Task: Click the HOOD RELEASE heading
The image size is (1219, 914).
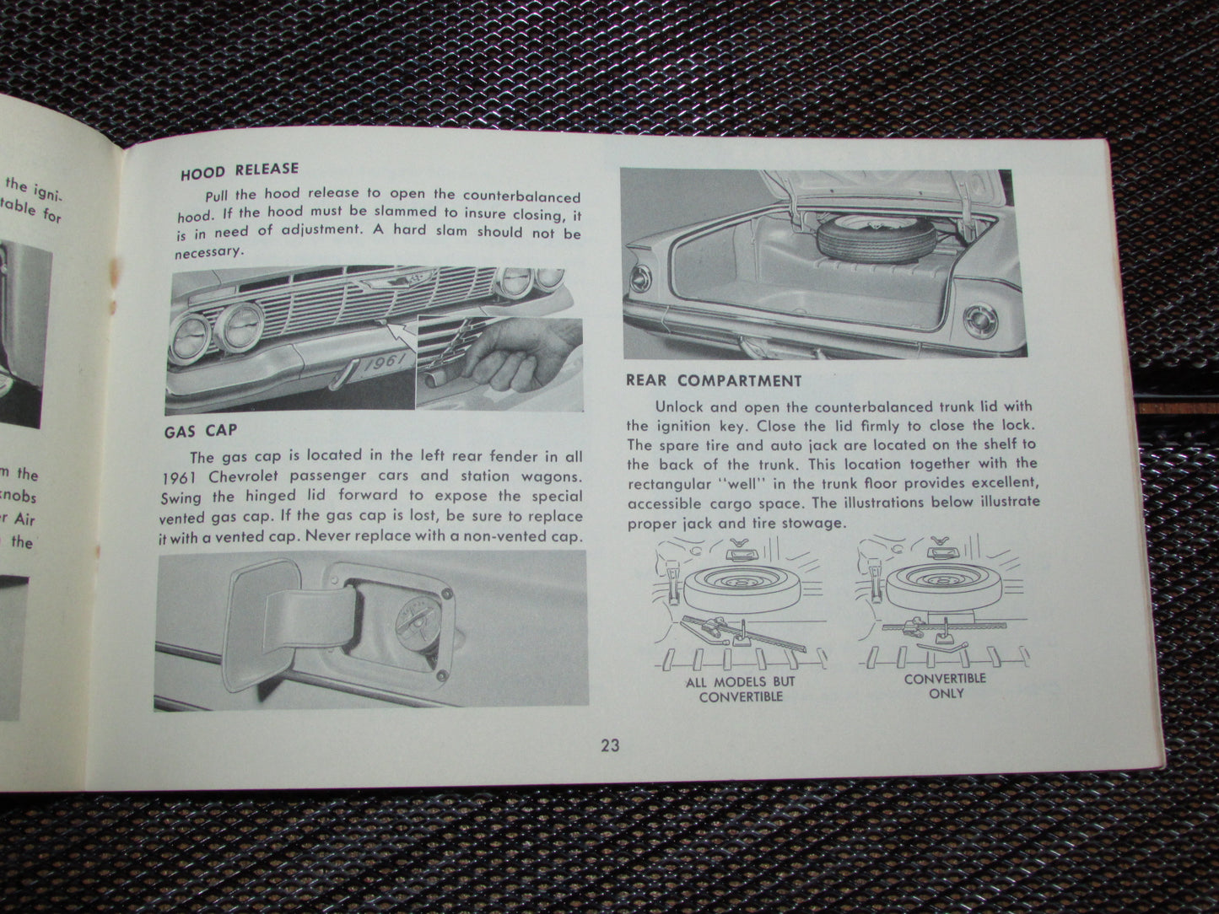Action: click(x=240, y=172)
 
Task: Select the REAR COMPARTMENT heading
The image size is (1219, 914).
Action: click(x=714, y=381)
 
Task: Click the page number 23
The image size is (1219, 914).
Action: click(x=611, y=745)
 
